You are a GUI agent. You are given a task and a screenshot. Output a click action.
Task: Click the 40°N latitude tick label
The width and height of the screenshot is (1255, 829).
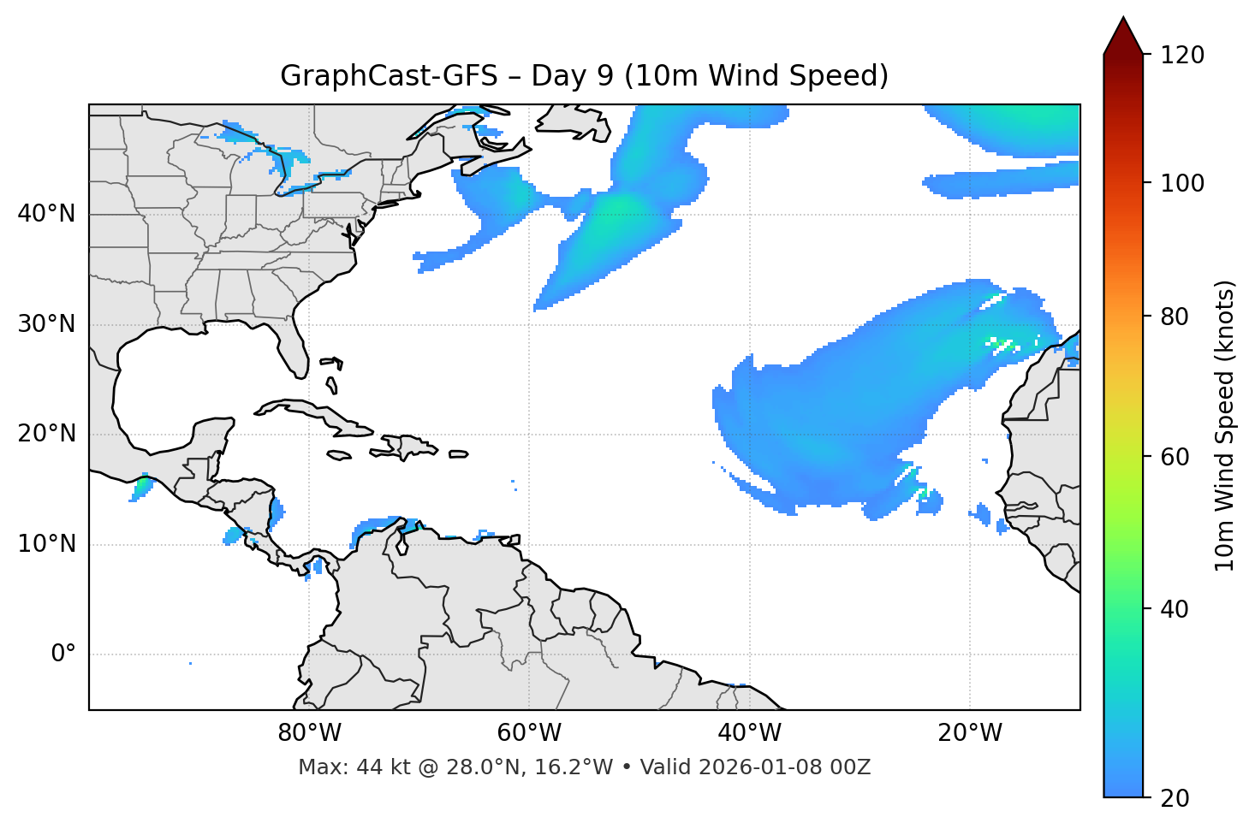pos(46,214)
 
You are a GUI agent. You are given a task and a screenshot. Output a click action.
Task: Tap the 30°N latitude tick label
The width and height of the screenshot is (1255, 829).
pos(46,324)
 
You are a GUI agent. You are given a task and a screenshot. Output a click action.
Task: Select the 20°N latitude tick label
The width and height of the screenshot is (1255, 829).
pos(46,434)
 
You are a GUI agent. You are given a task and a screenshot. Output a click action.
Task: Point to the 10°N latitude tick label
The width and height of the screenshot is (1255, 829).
pos(46,544)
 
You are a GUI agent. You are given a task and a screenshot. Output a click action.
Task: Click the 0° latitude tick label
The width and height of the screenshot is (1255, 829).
pos(62,654)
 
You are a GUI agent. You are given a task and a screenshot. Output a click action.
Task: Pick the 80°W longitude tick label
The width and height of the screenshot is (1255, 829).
pos(309,733)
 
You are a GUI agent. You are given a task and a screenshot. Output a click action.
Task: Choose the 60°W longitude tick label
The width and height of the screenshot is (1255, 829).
pos(529,733)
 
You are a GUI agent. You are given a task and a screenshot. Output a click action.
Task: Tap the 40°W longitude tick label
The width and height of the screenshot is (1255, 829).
pos(749,733)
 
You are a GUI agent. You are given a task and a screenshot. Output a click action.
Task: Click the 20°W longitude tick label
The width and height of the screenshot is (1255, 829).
pos(969,733)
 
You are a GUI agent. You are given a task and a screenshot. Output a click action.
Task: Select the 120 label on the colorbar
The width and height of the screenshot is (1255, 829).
pos(1182,56)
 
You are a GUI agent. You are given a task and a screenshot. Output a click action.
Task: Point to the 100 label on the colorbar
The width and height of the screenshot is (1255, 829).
pos(1182,183)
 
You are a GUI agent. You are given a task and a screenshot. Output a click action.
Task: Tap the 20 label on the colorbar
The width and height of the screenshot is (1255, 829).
pos(1175,798)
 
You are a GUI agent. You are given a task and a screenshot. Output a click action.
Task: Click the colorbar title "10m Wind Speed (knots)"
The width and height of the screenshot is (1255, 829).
pos(1225,426)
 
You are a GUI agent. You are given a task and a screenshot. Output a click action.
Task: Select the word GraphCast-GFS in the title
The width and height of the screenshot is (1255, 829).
pos(389,76)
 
